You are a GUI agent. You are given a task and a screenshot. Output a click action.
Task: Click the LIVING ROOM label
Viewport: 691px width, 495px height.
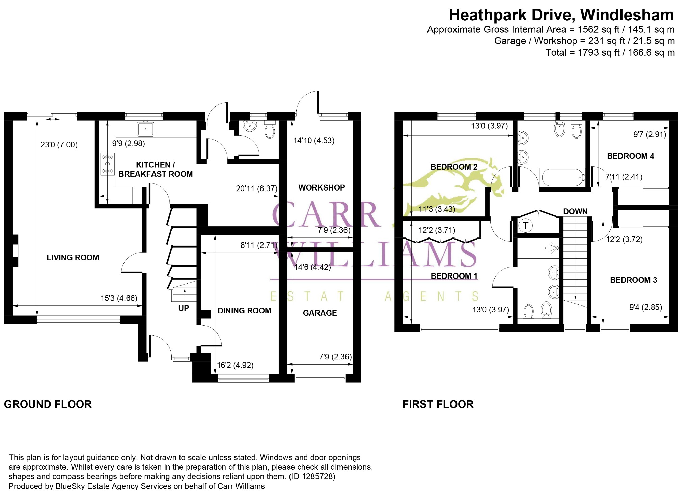(x=73, y=258)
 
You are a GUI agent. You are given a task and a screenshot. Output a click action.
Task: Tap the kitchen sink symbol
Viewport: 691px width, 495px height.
(x=146, y=129)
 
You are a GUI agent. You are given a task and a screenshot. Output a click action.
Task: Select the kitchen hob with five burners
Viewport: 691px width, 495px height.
(x=108, y=164)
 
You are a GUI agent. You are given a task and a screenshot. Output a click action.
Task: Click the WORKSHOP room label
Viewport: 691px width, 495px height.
(x=322, y=188)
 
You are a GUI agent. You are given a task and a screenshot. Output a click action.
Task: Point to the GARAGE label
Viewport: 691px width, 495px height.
(x=320, y=313)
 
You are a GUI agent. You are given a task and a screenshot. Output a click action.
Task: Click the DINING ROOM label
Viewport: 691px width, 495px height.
(x=244, y=311)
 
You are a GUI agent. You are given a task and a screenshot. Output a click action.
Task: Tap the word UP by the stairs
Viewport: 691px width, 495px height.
(x=184, y=308)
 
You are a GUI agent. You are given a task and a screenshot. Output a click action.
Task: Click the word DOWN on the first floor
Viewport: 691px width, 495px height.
(x=575, y=211)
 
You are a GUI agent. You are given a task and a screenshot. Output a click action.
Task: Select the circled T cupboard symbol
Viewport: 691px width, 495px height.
(x=525, y=225)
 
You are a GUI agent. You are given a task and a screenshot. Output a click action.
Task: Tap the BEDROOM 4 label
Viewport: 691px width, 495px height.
(x=630, y=156)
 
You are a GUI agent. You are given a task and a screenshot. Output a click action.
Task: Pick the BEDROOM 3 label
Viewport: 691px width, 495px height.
(x=634, y=280)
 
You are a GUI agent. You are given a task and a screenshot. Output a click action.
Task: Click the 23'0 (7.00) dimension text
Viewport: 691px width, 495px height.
(x=59, y=145)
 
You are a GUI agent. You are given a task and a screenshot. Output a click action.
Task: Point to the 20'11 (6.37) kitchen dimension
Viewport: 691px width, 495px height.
(x=256, y=188)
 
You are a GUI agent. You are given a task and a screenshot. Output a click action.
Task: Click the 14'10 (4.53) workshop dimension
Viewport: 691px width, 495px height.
(x=314, y=140)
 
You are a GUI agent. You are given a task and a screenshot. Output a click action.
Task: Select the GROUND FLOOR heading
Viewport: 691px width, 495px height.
(x=48, y=404)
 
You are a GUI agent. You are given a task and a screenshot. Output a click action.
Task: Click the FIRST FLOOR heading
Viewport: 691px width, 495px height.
(x=438, y=404)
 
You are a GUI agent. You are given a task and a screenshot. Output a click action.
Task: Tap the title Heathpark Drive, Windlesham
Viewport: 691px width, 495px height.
(x=561, y=15)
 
